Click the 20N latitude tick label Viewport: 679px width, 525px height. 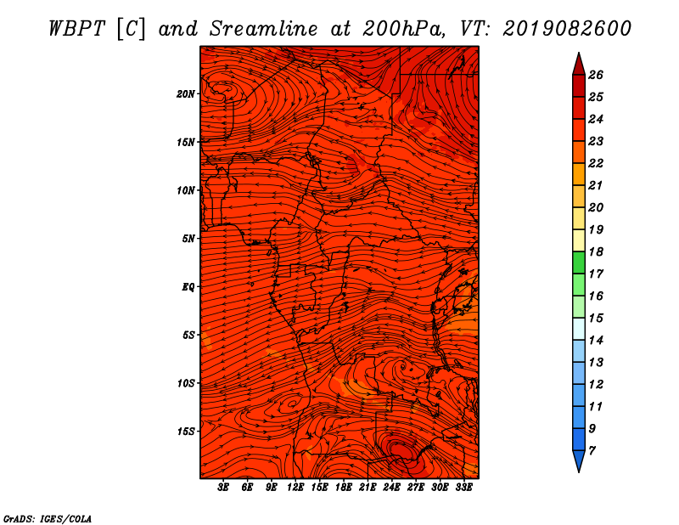pos(186,94)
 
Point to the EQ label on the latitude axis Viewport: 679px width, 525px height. pos(188,287)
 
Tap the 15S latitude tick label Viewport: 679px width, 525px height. pos(186,432)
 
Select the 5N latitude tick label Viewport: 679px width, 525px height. pos(188,239)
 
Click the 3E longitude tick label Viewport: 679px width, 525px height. pos(223,488)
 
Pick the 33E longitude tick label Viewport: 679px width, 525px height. pos(463,488)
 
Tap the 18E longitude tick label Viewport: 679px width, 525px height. pos(344,488)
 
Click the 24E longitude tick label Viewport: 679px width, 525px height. pos(391,488)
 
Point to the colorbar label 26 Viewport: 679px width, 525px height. pos(596,75)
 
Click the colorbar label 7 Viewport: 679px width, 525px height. pos(592,450)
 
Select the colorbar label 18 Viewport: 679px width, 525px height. pos(596,251)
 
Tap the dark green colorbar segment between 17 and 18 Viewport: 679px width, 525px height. pos(579,262)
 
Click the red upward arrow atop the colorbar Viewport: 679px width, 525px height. pos(579,65)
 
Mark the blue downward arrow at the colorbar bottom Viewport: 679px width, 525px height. pos(579,461)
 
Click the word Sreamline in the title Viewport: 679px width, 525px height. pos(264,29)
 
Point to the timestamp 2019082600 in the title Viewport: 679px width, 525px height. pos(567,29)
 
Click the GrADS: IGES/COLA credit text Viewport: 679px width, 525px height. pos(48,518)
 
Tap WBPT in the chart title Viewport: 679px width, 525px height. pos(76,29)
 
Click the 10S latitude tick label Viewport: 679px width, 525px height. pos(186,383)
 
